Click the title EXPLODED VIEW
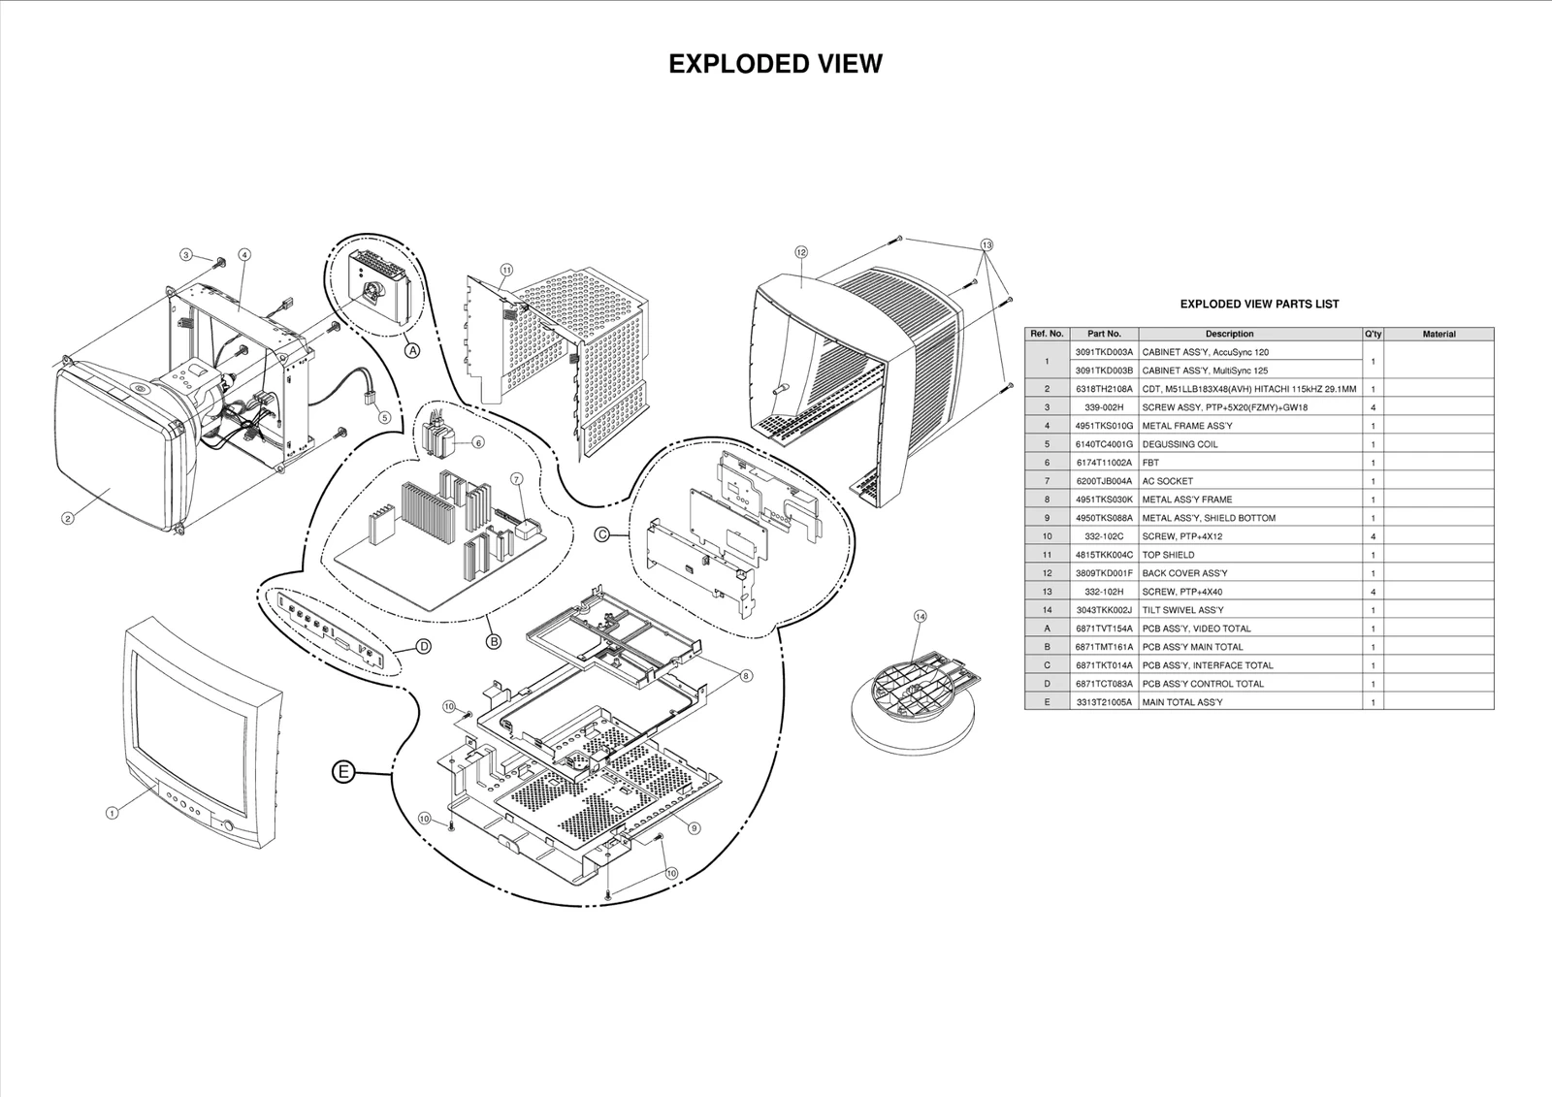pyautogui.click(x=775, y=64)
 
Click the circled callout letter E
pyautogui.click(x=342, y=772)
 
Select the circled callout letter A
pyautogui.click(x=412, y=351)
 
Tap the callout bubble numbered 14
pyautogui.click(x=920, y=616)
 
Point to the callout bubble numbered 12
pyautogui.click(x=801, y=252)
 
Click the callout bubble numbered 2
pyautogui.click(x=68, y=518)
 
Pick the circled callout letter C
pyautogui.click(x=601, y=533)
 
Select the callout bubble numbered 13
pyautogui.click(x=986, y=244)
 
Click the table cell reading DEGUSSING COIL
pyautogui.click(x=1180, y=444)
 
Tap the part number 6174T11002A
pyautogui.click(x=1104, y=463)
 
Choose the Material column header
pyautogui.click(x=1439, y=334)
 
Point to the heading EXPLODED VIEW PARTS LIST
pyautogui.click(x=1259, y=304)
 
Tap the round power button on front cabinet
pyautogui.click(x=227, y=825)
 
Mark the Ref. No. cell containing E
pyautogui.click(x=1047, y=702)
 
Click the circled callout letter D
pyautogui.click(x=424, y=647)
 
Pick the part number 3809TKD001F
pyautogui.click(x=1104, y=573)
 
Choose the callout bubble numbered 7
pyautogui.click(x=516, y=479)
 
